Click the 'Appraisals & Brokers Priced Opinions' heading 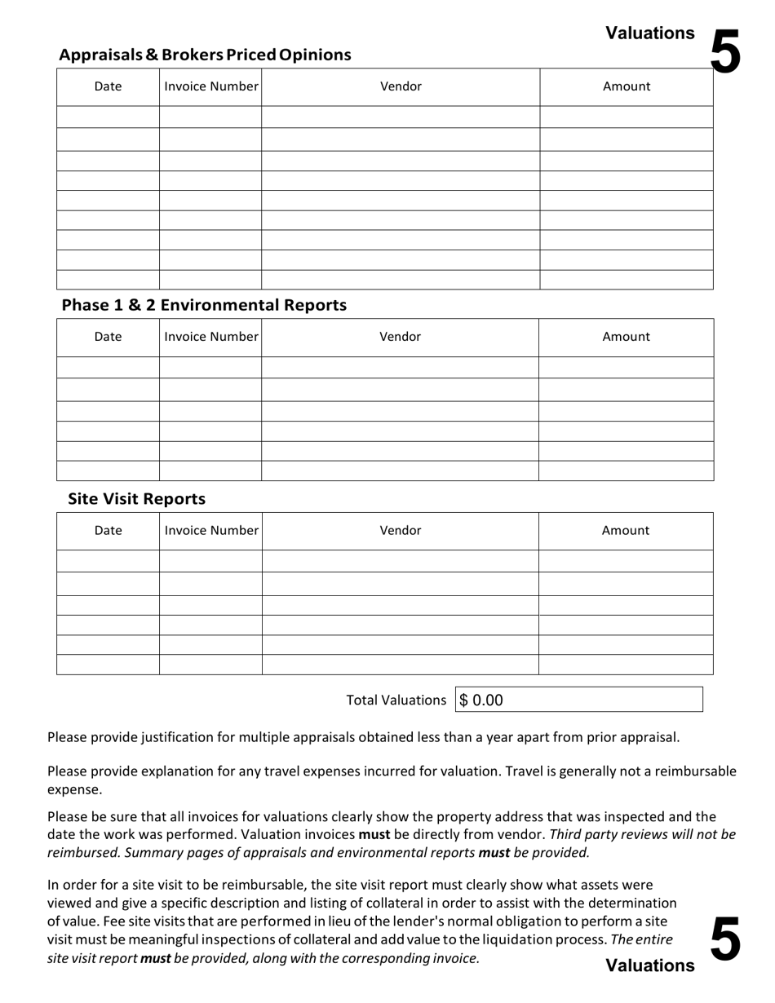[205, 55]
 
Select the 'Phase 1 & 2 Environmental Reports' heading [204, 305]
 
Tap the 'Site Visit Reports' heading [136, 499]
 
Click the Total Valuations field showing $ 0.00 [578, 700]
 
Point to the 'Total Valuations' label [396, 700]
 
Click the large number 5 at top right [725, 51]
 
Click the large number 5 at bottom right [725, 939]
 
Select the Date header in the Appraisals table [108, 86]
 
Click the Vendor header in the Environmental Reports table [400, 337]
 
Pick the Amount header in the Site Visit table [626, 531]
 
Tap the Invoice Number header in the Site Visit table [210, 531]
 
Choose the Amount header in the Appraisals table [627, 86]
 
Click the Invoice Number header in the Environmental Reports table [210, 337]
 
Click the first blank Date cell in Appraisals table [108, 117]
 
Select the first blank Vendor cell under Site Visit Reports [400, 561]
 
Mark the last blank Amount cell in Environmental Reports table [626, 471]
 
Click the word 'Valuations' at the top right [650, 33]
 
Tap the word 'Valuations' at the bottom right [650, 966]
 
